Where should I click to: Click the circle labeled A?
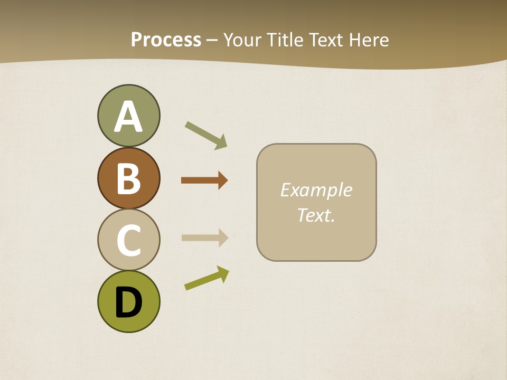128,116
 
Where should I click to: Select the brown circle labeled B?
128,178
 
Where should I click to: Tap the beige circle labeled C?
128,240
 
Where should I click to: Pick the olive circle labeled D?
128,301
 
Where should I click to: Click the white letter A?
128,117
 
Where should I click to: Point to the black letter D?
128,302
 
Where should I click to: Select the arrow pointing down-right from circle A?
206,135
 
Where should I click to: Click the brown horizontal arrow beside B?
204,180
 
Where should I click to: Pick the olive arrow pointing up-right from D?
206,278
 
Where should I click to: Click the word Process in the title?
166,40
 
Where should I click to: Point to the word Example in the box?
316,190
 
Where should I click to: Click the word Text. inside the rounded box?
316,215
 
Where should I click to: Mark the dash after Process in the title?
212,41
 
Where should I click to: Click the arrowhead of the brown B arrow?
222,180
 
